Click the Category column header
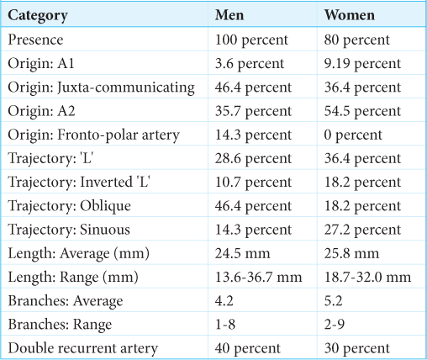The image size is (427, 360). click(38, 15)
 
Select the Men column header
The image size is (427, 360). click(229, 15)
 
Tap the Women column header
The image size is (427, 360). click(350, 15)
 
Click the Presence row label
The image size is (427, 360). click(35, 40)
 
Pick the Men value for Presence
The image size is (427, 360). click(251, 40)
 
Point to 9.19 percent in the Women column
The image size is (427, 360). click(362, 64)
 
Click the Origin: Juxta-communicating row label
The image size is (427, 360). click(101, 87)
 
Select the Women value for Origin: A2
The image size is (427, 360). click(362, 112)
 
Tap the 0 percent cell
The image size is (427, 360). click(353, 135)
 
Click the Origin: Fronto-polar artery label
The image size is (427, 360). click(93, 135)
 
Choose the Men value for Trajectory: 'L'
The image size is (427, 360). click(253, 159)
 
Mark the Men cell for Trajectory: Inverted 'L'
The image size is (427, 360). click(253, 183)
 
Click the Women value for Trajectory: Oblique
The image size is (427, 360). click(362, 207)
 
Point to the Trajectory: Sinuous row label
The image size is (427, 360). click(69, 230)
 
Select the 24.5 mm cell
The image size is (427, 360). click(243, 253)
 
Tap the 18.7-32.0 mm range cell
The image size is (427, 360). click(367, 278)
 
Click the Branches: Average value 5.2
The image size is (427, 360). click(333, 301)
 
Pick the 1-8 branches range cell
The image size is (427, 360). click(225, 325)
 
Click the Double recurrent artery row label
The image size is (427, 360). click(83, 348)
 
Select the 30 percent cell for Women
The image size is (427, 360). click(357, 349)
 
